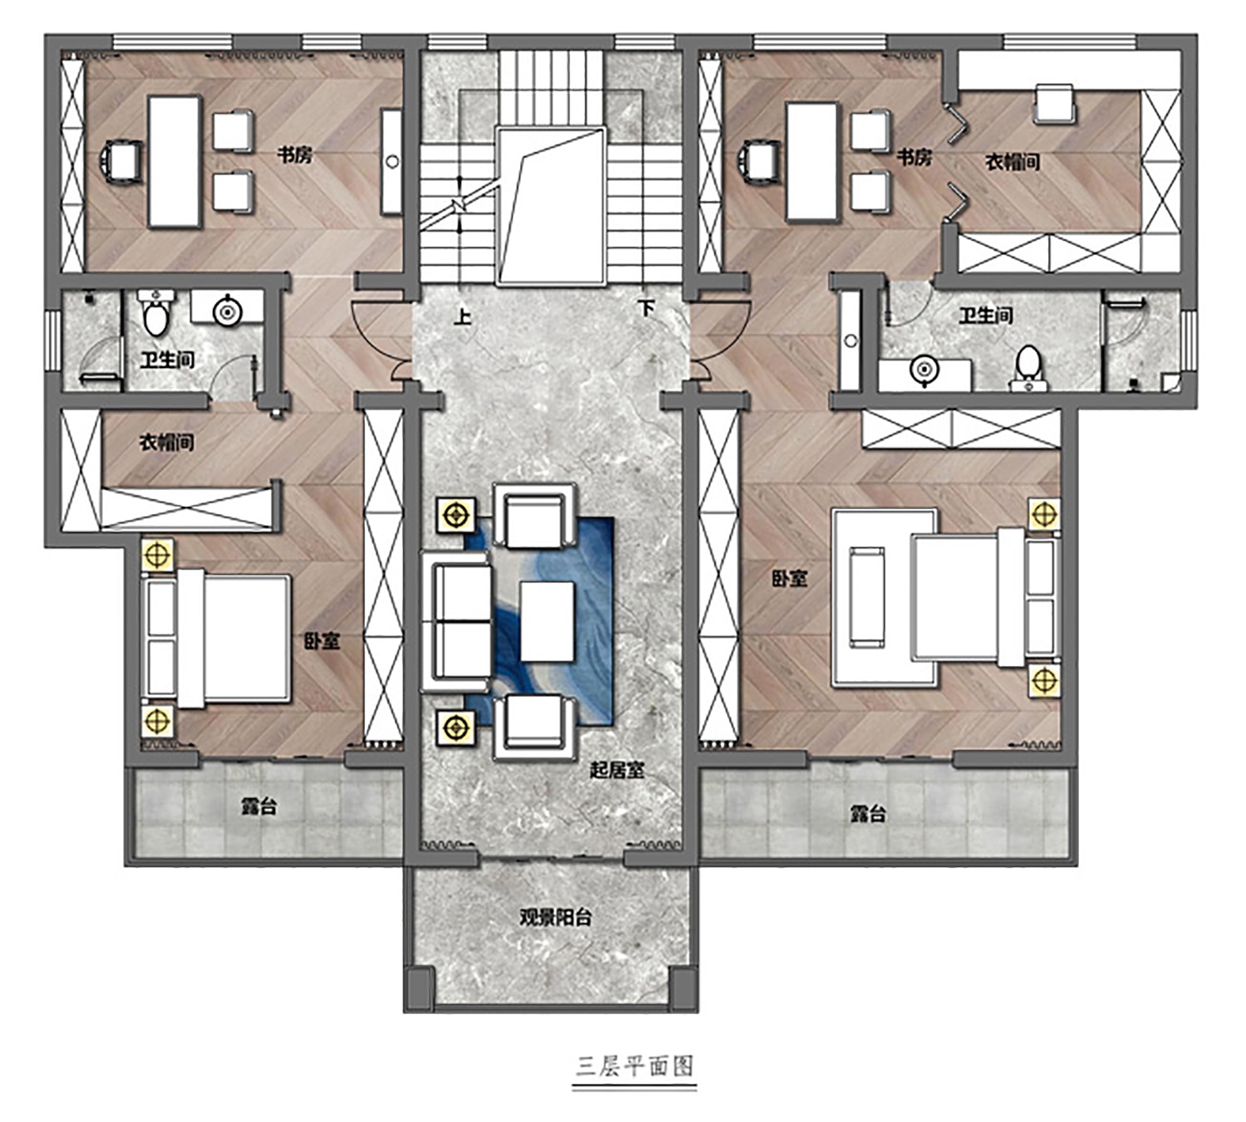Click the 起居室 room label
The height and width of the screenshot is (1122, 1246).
pos(617,771)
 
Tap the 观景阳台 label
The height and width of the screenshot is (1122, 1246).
pos(555,919)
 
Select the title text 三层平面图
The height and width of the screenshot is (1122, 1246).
pos(634,1066)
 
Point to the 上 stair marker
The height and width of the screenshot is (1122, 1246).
pos(462,317)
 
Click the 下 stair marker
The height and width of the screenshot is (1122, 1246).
pos(646,307)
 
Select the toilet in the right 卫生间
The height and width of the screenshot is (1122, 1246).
pos(1028,369)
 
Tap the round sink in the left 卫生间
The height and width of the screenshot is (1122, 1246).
pos(228,311)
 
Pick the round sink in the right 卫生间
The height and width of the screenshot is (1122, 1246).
pos(924,371)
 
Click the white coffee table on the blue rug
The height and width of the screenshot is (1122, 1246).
pos(547,621)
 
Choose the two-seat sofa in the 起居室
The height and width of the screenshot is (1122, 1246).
pos(457,621)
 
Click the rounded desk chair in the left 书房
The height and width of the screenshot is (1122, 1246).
pos(122,163)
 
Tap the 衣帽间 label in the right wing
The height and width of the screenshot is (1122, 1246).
pos(1013,163)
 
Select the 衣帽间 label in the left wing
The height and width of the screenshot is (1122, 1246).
pos(166,443)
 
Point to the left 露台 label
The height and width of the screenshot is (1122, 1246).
pos(259,807)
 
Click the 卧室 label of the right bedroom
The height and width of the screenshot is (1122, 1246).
pos(789,579)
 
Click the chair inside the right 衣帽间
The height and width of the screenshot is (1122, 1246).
pos(1054,104)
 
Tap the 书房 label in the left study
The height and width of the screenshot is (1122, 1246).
pos(294,155)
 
